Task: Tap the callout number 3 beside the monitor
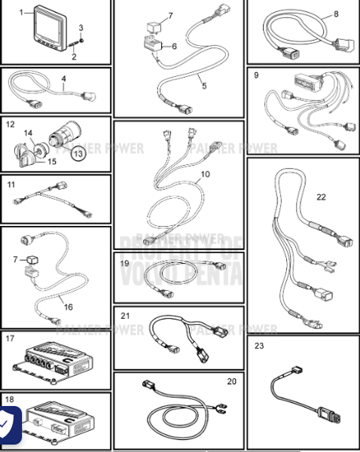[x=81, y=28]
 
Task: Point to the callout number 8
[x=336, y=13]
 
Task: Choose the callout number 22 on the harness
[x=321, y=197]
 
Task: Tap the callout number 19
[x=125, y=264]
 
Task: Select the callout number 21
[x=126, y=315]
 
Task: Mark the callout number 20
[x=231, y=381]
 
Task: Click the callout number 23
[x=260, y=347]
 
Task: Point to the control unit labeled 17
[x=53, y=362]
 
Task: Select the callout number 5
[x=203, y=86]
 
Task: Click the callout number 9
[x=256, y=75]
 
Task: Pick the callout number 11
[x=11, y=184]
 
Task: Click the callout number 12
[x=11, y=124]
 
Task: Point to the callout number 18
[x=9, y=399]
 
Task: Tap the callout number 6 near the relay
[x=174, y=46]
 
